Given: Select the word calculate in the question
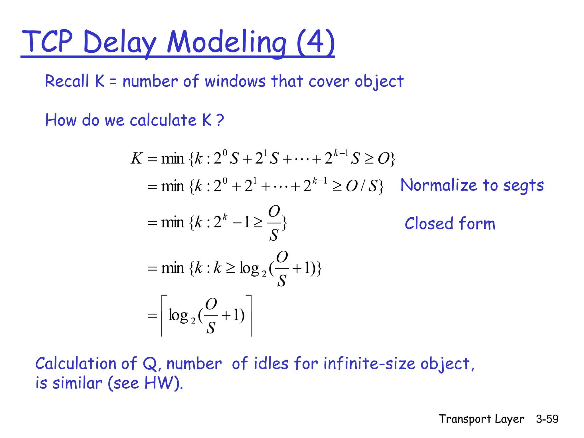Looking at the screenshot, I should [163, 120].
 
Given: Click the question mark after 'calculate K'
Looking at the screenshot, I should [220, 120].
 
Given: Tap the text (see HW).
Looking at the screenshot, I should [145, 383].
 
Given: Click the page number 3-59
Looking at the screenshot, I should [547, 419].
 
